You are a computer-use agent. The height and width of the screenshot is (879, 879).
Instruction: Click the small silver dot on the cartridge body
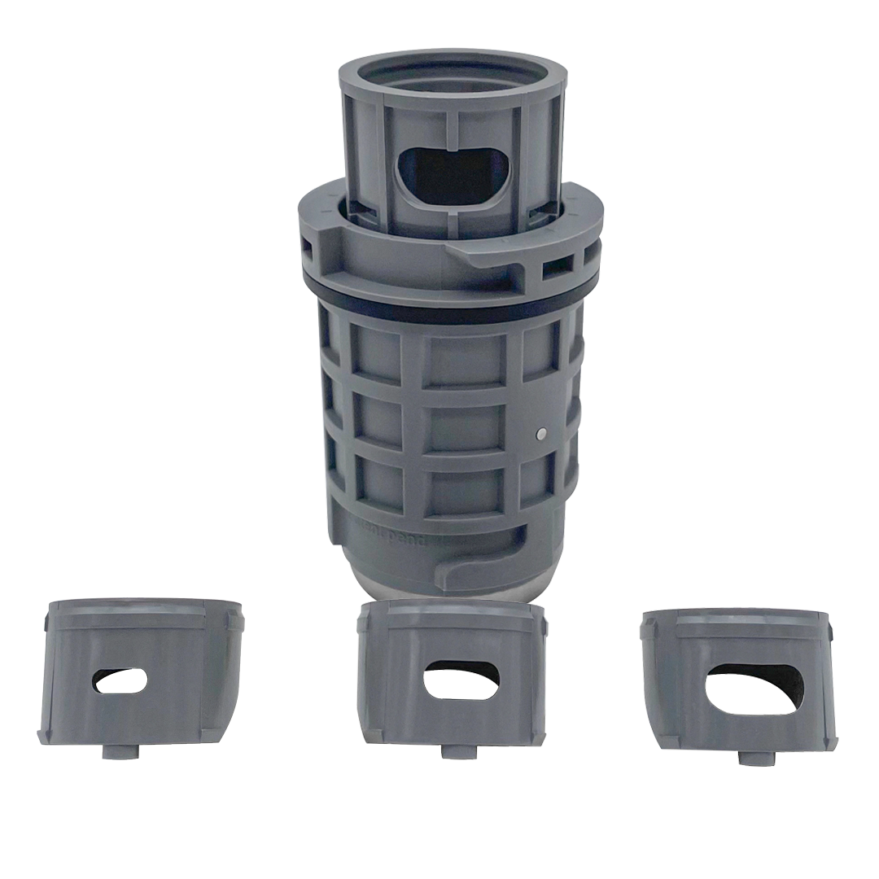[542, 435]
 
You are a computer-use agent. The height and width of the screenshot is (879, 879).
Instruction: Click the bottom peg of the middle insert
[453, 750]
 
